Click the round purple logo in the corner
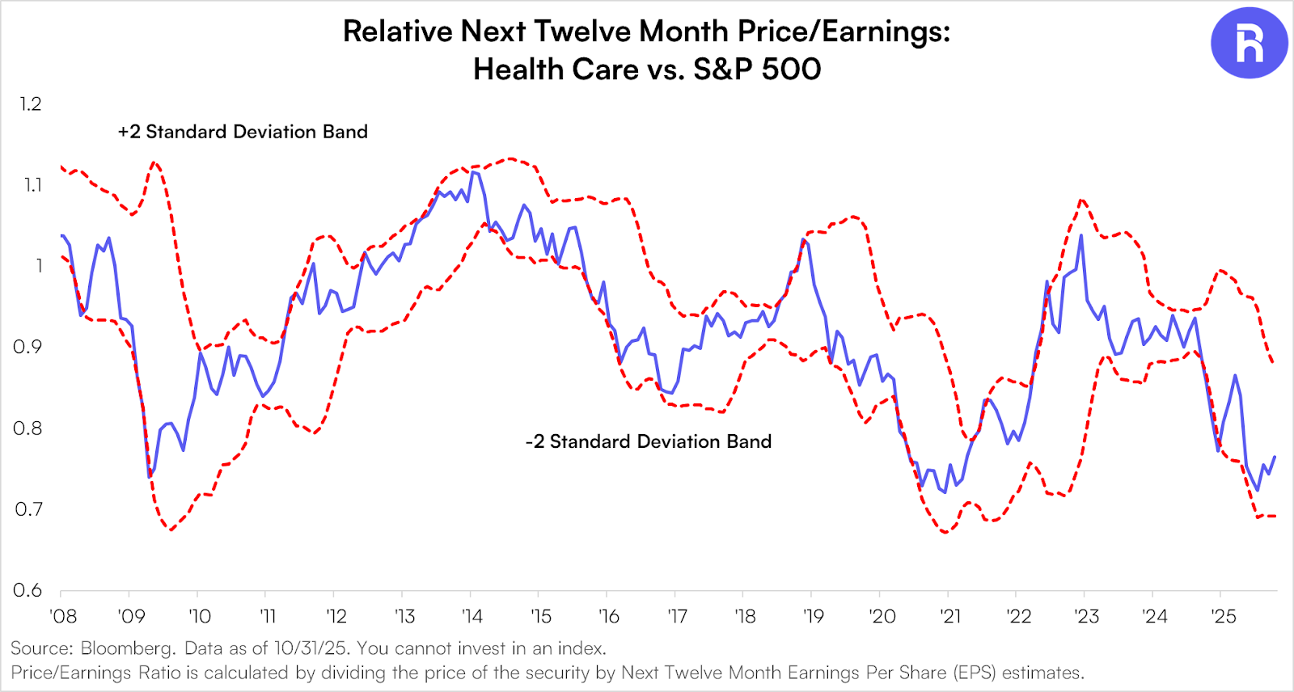[1249, 43]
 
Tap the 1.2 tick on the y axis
[31, 104]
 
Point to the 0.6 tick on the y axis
[27, 590]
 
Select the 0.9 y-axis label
[27, 347]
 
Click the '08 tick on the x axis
[63, 616]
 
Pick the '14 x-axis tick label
[472, 616]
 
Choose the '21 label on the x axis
[950, 616]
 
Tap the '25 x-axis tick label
[1224, 616]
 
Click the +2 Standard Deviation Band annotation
[243, 132]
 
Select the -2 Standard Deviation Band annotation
[649, 441]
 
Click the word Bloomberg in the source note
[128, 648]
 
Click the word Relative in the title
[397, 32]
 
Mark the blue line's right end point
[1275, 457]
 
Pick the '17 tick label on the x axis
[677, 616]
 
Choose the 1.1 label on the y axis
[32, 185]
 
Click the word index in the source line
[580, 648]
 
